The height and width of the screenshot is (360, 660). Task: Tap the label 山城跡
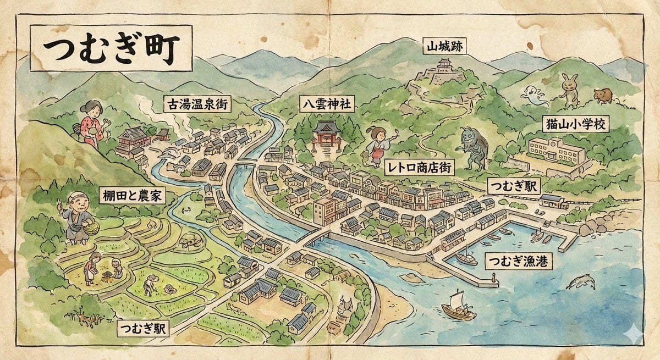(444, 47)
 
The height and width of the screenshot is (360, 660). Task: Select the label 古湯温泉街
(196, 104)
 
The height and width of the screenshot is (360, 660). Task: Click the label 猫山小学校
(575, 124)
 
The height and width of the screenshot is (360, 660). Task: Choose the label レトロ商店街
(420, 167)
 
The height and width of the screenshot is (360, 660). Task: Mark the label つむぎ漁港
(518, 261)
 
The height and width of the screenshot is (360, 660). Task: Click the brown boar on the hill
(604, 95)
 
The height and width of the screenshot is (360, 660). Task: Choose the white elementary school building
(556, 149)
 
